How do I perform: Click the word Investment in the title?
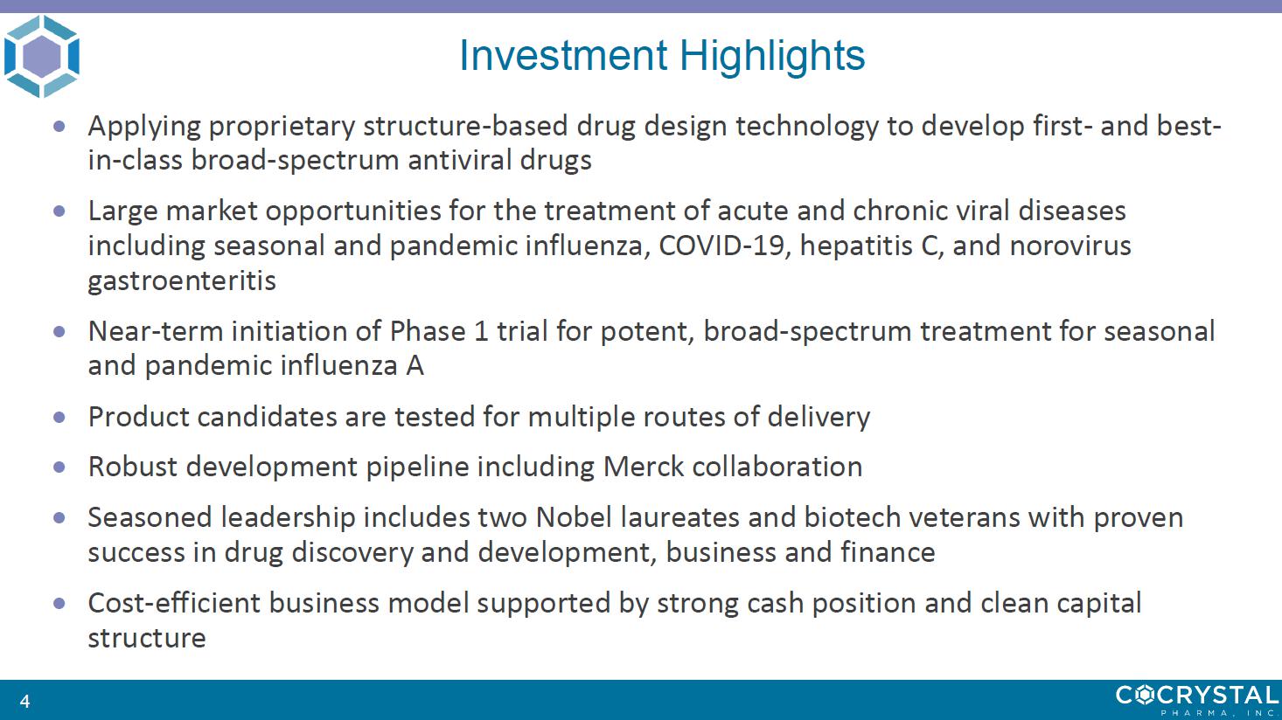(x=563, y=55)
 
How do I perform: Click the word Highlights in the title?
(x=772, y=56)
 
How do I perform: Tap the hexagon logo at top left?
(x=42, y=56)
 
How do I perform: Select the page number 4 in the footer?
(x=24, y=701)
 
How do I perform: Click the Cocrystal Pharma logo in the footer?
(x=1197, y=700)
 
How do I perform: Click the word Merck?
(x=644, y=467)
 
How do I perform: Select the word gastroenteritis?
(x=182, y=281)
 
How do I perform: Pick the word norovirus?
(x=1070, y=246)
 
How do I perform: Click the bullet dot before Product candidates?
(x=59, y=417)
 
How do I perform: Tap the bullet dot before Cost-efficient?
(x=59, y=603)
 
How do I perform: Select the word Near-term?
(x=155, y=331)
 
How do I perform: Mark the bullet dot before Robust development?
(x=59, y=467)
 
